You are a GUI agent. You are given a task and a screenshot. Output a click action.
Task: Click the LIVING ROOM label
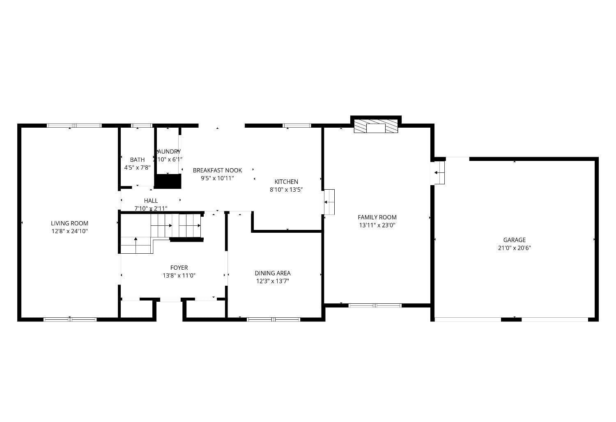[x=69, y=223]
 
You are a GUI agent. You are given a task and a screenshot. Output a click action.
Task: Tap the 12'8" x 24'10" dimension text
[x=69, y=231]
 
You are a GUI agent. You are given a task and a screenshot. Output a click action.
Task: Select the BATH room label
[x=137, y=160]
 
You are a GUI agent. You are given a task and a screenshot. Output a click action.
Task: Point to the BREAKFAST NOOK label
[x=217, y=170]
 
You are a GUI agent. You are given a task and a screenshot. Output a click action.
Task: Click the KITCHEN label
[x=286, y=182]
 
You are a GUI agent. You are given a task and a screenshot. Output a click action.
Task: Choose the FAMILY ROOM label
[x=377, y=217]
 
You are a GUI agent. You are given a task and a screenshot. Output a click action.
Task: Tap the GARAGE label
[x=514, y=240]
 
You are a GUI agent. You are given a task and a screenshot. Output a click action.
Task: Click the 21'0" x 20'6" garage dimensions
[x=514, y=248]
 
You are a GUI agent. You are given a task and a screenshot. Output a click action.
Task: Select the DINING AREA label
[x=272, y=273]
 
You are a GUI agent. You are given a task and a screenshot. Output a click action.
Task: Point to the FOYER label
[x=179, y=268]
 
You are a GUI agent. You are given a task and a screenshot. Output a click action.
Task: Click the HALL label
[x=151, y=201]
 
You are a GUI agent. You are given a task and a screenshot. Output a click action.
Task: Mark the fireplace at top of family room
[x=376, y=126]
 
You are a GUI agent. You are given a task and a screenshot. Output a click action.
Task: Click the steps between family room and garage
[x=439, y=172]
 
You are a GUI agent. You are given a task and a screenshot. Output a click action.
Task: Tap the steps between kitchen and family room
[x=329, y=202]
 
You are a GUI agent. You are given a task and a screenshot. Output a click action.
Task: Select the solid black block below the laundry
[x=168, y=181]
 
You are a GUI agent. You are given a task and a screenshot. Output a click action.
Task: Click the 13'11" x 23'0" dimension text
[x=377, y=225]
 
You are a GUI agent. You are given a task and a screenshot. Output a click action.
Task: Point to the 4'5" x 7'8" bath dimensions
[x=137, y=167]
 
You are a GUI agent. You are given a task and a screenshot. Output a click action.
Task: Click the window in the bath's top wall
[x=141, y=126]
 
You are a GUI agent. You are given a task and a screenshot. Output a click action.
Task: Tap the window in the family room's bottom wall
[x=375, y=305]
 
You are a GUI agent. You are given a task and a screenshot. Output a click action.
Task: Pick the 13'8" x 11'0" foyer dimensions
[x=179, y=276]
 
